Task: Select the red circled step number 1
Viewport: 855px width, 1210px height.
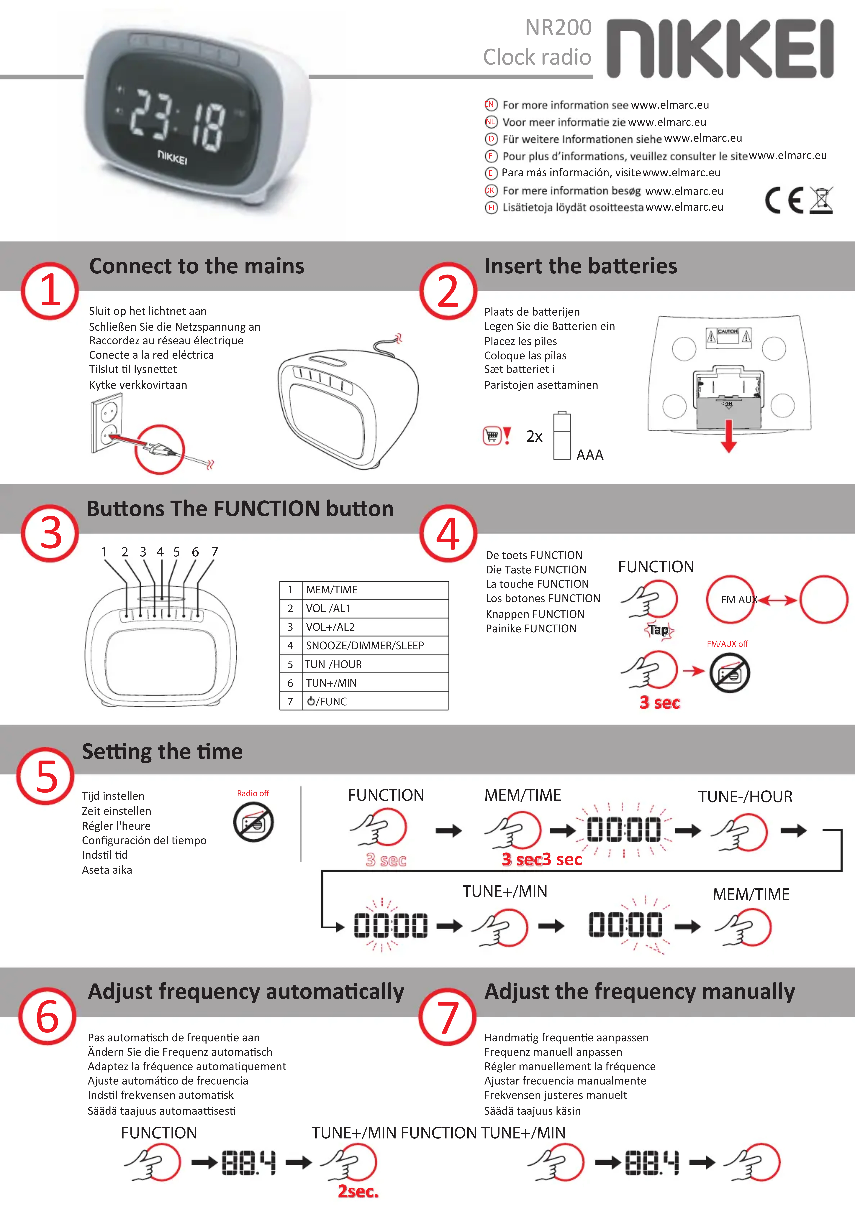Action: pyautogui.click(x=50, y=291)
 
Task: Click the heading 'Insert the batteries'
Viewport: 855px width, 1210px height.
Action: pyautogui.click(x=580, y=266)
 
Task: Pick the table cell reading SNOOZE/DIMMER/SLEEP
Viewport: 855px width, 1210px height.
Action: pyautogui.click(x=365, y=646)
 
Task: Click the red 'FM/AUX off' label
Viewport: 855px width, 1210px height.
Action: pyautogui.click(x=727, y=643)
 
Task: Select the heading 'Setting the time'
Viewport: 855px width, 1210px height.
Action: pyautogui.click(x=162, y=752)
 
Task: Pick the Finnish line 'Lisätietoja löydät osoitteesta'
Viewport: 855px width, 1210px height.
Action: pyautogui.click(x=573, y=208)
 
